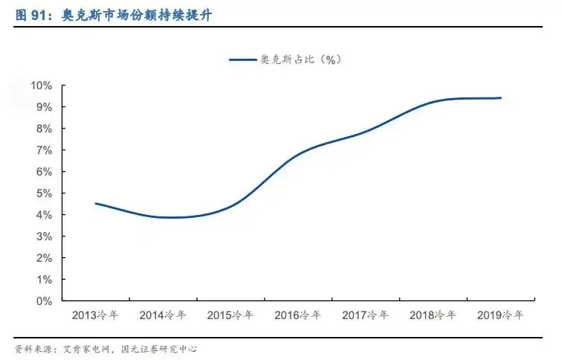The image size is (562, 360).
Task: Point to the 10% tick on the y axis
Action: click(x=42, y=86)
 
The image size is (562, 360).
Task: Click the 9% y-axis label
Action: click(x=44, y=107)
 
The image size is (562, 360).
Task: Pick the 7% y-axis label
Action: click(x=44, y=150)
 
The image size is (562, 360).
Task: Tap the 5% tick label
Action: click(x=44, y=193)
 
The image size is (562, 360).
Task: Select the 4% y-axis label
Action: click(x=44, y=215)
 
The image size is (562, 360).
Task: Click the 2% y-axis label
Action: click(x=44, y=258)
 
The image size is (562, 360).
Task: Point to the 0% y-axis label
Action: click(x=44, y=301)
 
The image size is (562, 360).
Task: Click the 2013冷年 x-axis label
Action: click(x=95, y=315)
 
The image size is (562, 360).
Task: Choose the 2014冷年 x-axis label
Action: click(x=163, y=315)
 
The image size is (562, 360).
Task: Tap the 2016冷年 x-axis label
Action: click(x=297, y=315)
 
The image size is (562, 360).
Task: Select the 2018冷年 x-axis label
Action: click(x=433, y=315)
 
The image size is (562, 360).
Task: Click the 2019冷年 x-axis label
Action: click(x=500, y=315)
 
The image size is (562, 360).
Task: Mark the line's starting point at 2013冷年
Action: click(x=96, y=203)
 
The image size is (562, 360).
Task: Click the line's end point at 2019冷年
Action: click(x=500, y=97)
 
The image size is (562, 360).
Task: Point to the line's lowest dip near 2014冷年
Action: click(x=169, y=217)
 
